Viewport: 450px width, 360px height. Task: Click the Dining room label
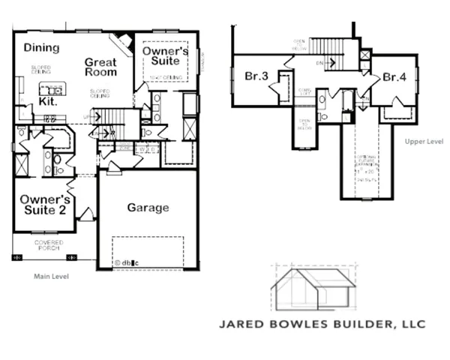click(41, 48)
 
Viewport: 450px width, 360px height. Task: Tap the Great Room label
click(100, 67)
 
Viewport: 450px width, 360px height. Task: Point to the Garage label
click(147, 208)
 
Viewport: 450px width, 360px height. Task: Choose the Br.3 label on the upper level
click(256, 76)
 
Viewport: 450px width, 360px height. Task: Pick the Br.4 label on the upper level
click(394, 76)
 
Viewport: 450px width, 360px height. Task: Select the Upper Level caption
click(419, 140)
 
